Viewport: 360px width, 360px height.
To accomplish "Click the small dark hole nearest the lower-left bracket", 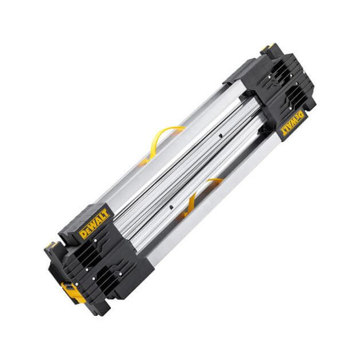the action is click(171, 207).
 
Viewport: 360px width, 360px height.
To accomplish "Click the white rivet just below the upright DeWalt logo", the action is click(95, 241).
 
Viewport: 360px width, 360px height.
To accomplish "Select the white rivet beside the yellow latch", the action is click(77, 284).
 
